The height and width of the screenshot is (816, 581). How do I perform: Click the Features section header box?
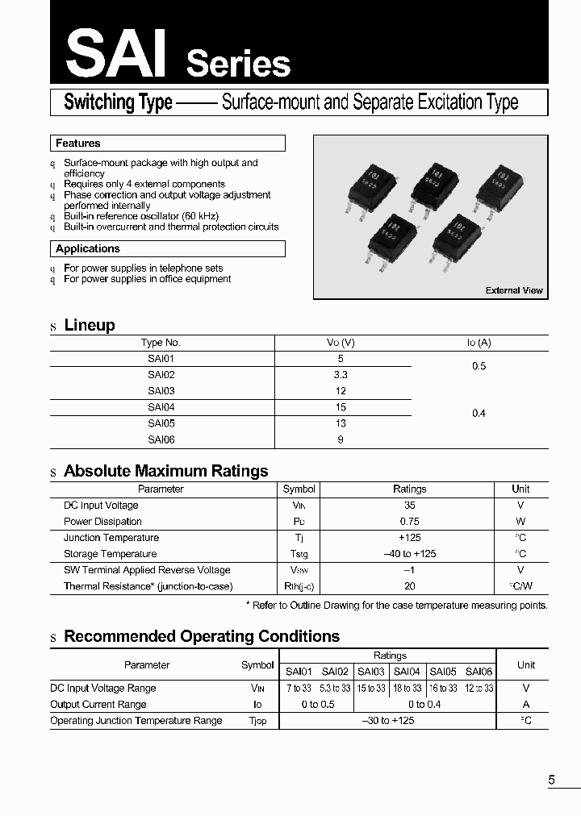point(167,144)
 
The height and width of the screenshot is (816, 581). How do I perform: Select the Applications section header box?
point(167,249)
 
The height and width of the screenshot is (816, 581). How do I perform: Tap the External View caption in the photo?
point(514,290)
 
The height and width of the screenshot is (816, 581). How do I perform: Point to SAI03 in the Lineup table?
point(161,391)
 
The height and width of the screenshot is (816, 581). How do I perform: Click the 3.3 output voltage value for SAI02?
point(341,375)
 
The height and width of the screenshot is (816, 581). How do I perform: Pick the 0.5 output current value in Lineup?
point(479,366)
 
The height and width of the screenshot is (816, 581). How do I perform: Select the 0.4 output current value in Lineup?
point(479,413)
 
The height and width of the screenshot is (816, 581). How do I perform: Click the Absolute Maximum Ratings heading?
point(165,471)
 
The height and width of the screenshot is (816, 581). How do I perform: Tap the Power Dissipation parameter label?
point(102,522)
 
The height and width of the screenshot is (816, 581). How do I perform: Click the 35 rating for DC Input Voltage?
point(409,506)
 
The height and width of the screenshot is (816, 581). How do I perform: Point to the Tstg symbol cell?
point(299,554)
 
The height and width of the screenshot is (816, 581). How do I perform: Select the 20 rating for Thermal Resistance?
point(409,587)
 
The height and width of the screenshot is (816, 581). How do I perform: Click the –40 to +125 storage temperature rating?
point(409,554)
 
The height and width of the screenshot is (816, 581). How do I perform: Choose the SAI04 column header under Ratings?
point(407,672)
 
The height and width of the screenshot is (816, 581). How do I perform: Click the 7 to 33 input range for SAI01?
point(299,689)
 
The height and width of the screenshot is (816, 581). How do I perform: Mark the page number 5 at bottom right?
point(552,780)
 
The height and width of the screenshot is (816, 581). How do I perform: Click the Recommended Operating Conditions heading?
point(202,636)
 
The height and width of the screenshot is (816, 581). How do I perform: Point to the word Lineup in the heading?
point(90,325)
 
